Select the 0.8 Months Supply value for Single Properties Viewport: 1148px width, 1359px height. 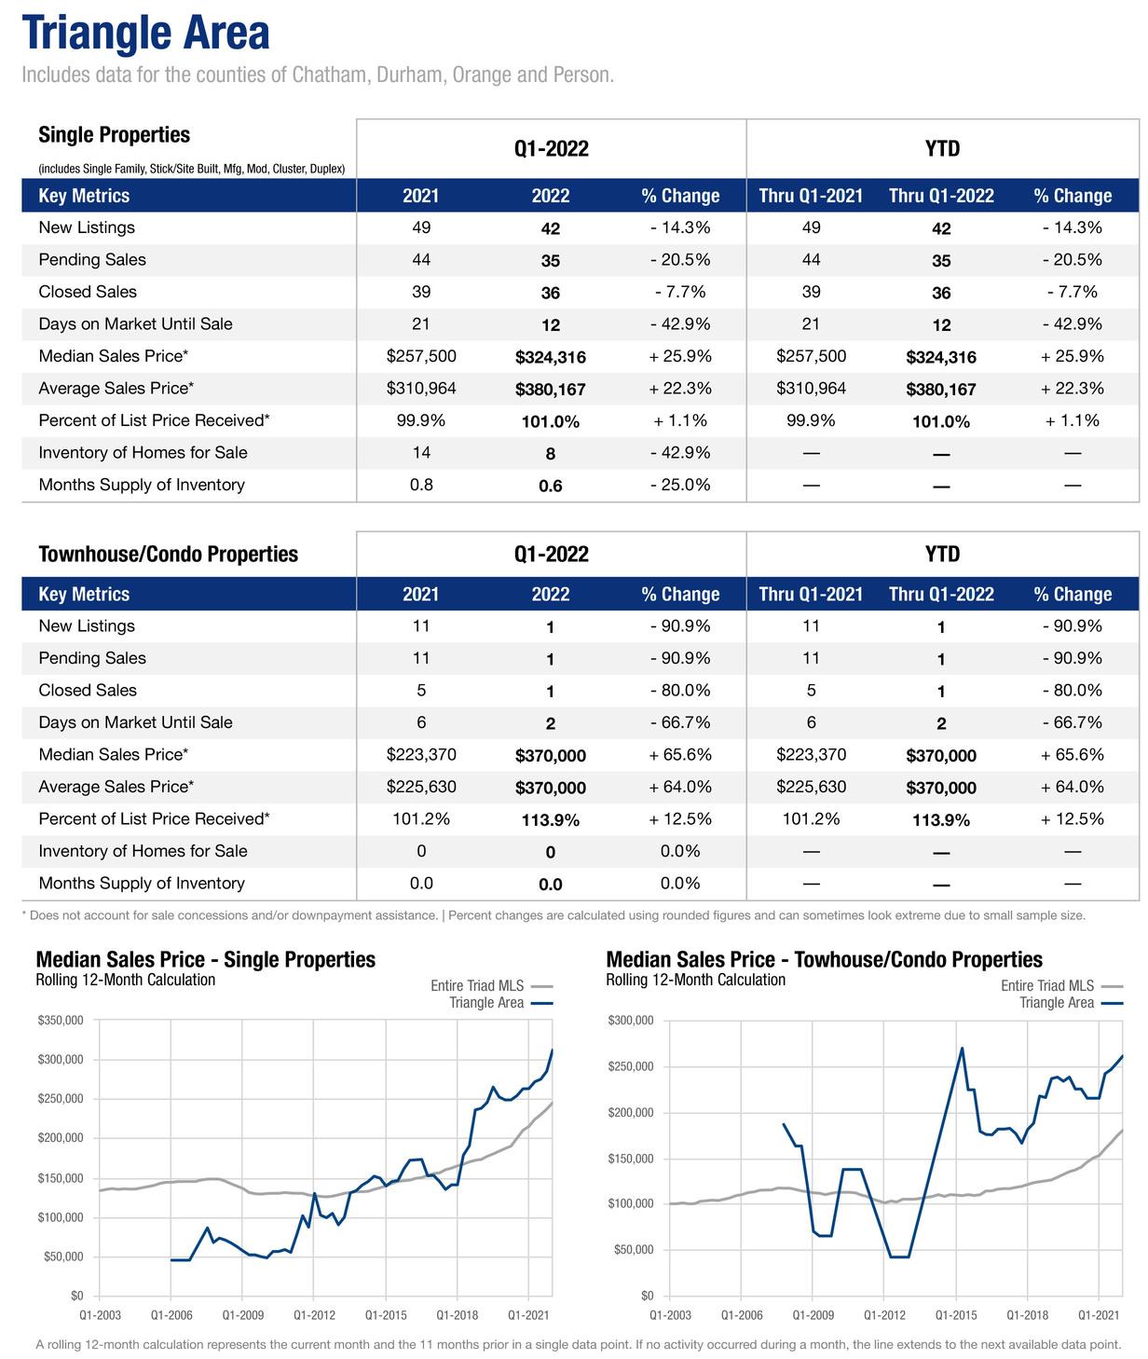tap(421, 485)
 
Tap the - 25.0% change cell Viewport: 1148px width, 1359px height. tap(680, 485)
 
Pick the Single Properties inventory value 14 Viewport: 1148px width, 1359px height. tap(421, 453)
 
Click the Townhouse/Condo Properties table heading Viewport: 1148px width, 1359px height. tap(168, 555)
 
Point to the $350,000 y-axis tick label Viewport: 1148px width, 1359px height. tap(61, 1021)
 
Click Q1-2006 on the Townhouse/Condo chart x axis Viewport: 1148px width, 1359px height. tap(741, 1315)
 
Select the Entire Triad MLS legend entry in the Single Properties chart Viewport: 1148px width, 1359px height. tap(477, 986)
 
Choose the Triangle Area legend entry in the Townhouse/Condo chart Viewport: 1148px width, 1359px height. tap(1057, 1003)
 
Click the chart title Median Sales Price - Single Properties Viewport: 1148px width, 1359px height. tap(205, 959)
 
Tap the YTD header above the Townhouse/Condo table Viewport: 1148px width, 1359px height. tap(942, 555)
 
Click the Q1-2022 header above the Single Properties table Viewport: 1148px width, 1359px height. tap(551, 149)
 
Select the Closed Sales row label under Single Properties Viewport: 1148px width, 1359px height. tap(88, 292)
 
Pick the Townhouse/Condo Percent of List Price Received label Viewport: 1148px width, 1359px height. tap(154, 819)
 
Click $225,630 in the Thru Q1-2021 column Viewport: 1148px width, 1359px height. tap(811, 787)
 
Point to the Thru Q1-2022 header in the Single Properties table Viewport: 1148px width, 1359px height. tap(941, 196)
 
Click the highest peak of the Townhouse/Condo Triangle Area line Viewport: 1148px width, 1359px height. tap(962, 1048)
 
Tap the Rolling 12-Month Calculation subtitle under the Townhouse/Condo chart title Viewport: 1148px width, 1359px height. tap(695, 980)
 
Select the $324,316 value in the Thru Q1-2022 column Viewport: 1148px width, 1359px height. tap(941, 357)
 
